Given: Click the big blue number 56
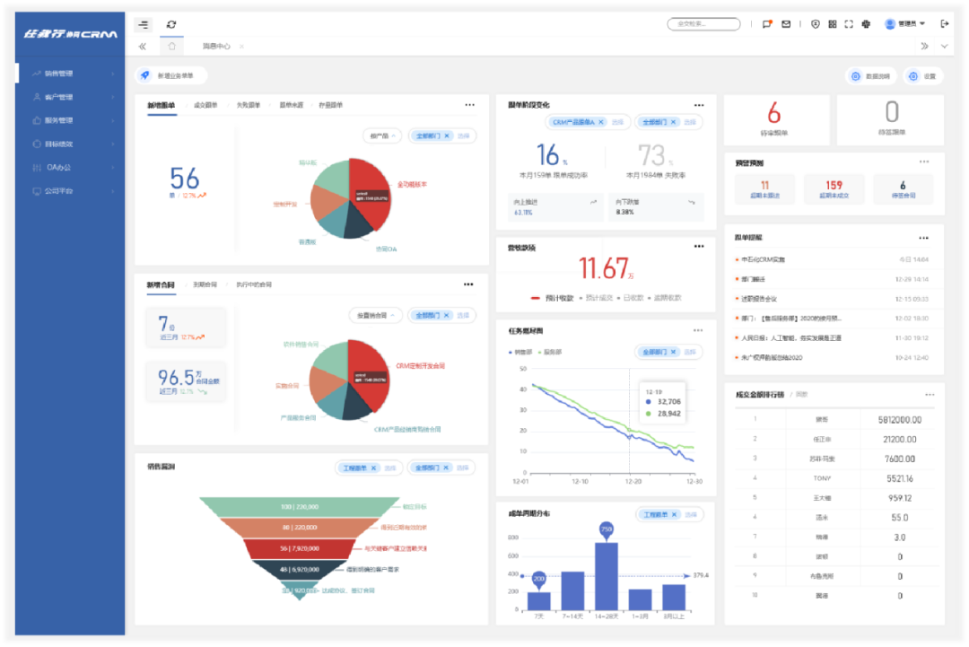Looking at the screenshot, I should point(184,178).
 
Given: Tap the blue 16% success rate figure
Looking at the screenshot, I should point(548,155).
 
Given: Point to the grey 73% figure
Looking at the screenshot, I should point(652,155).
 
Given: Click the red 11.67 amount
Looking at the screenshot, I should point(604,268).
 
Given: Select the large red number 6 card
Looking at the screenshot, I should point(774,114).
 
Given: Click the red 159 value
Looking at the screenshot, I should point(834,186).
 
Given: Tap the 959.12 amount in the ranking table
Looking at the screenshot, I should point(899,498).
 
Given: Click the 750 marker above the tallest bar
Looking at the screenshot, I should point(606,529).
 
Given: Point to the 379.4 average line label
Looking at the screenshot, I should point(702,575).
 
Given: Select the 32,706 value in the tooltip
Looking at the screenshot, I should point(668,402).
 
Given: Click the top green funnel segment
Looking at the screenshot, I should point(299,506).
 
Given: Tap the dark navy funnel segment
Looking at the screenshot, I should point(299,570).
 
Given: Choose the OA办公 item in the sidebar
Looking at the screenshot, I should point(59,167).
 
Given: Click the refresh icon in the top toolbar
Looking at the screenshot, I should point(171,24).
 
